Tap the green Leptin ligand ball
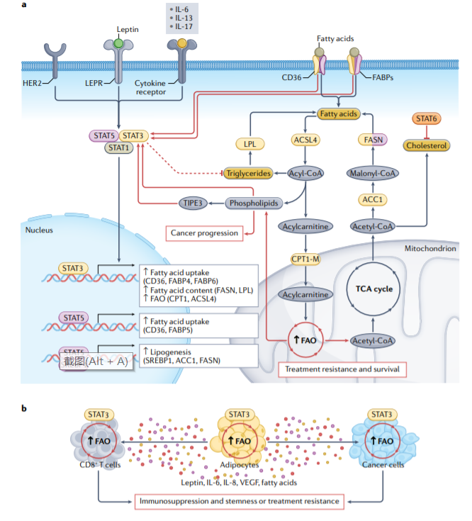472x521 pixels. click(x=118, y=43)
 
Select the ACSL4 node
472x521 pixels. click(x=304, y=140)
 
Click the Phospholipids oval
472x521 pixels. click(x=252, y=203)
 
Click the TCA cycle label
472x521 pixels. click(x=373, y=288)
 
